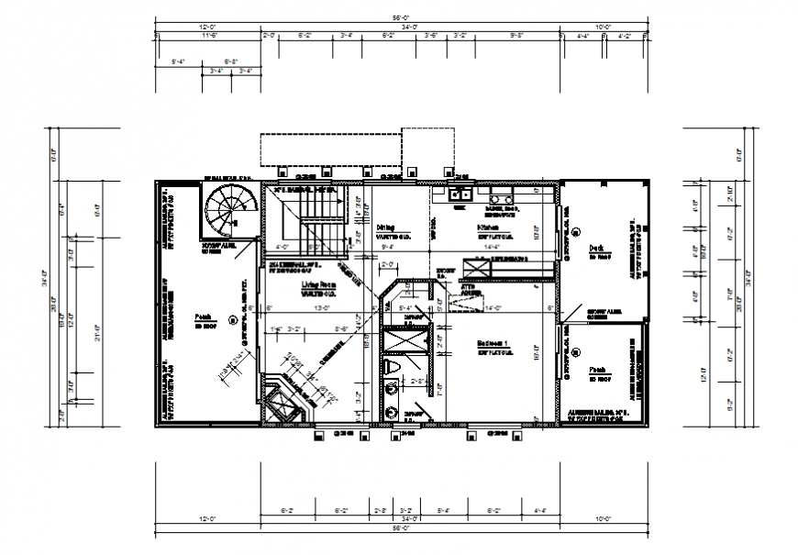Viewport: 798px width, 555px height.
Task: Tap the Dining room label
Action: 386,226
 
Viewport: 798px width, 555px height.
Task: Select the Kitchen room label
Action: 487,226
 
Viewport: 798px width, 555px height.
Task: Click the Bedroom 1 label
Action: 492,344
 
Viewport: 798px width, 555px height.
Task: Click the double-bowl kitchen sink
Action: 460,194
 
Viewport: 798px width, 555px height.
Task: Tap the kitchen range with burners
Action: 501,195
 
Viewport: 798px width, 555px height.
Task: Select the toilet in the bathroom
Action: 392,368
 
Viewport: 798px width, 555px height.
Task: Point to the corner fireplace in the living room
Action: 281,402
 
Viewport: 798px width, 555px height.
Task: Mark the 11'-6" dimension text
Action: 209,36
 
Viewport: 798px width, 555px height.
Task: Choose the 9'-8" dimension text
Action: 516,36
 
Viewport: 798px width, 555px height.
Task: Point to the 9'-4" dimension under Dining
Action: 387,247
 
